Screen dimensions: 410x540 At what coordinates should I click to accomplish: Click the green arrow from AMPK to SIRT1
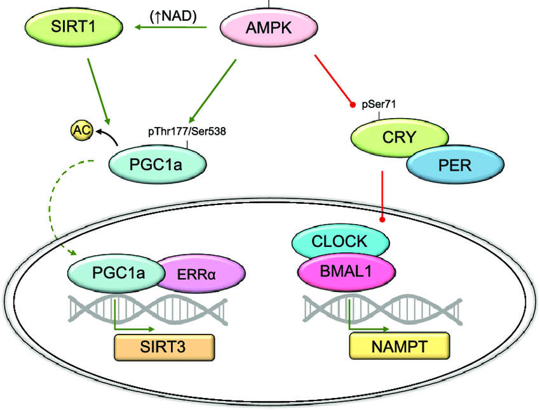point(172,29)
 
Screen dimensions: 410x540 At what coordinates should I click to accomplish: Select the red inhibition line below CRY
point(382,194)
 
